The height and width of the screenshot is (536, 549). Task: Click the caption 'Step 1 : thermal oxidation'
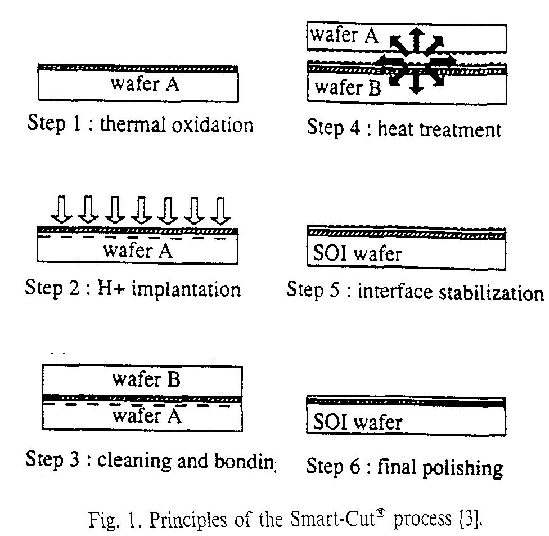pos(140,124)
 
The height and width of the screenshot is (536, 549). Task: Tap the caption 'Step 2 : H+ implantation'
pos(133,289)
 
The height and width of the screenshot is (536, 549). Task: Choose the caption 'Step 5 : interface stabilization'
pos(415,292)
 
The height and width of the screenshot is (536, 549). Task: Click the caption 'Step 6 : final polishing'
pos(404,467)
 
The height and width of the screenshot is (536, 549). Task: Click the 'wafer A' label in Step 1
pos(145,84)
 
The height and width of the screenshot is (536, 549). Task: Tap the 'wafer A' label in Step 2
pos(139,249)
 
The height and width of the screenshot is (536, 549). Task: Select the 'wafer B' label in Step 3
pos(146,379)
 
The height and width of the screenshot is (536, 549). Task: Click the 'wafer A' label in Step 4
pos(343,35)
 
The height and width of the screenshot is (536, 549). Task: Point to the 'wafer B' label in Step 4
pos(347,87)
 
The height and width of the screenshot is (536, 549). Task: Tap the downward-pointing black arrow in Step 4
pos(416,84)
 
